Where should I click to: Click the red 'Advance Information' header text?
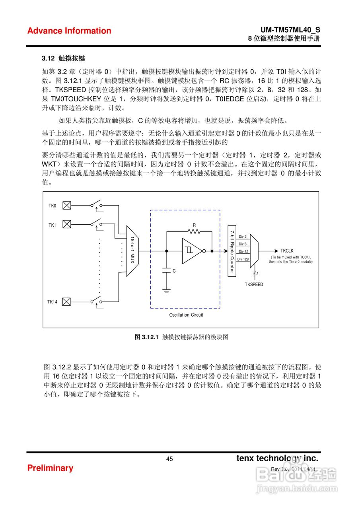(x=69, y=31)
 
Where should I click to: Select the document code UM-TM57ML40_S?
(x=290, y=30)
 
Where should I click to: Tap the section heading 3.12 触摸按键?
(x=63, y=59)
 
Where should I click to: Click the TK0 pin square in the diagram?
(x=67, y=206)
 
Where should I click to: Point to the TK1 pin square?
(x=67, y=225)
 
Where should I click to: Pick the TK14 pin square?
(x=67, y=302)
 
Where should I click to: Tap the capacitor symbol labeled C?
(x=166, y=270)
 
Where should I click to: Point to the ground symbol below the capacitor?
(x=166, y=291)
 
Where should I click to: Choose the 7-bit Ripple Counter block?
(x=231, y=251)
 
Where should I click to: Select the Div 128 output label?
(x=243, y=259)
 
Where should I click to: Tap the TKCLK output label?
(x=286, y=251)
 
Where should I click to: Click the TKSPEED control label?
(x=254, y=284)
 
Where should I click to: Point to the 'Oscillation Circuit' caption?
(x=186, y=315)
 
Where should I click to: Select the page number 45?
(x=169, y=459)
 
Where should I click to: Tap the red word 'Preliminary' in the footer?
(x=50, y=468)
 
